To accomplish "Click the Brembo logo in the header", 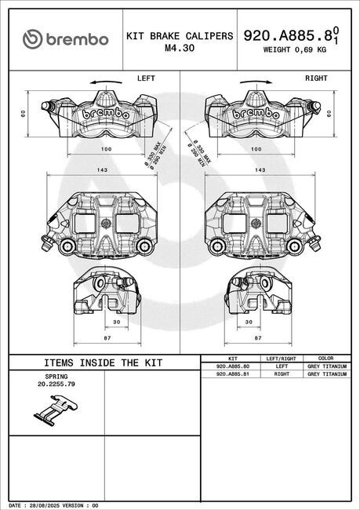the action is click(65, 39).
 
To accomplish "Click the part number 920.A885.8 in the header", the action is click(288, 36).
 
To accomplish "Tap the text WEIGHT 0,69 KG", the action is click(294, 49).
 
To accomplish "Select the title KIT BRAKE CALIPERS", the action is click(180, 36).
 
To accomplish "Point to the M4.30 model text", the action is click(180, 48).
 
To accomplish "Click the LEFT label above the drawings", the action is click(146, 78).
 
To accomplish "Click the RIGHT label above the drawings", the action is click(316, 78).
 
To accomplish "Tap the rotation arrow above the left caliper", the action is click(106, 82).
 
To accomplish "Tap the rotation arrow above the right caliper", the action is click(256, 82).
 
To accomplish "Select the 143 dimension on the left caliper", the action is click(102, 169).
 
